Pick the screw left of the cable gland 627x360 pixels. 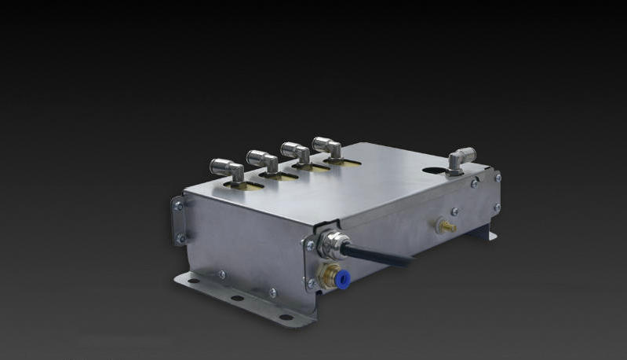(x=310, y=244)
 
